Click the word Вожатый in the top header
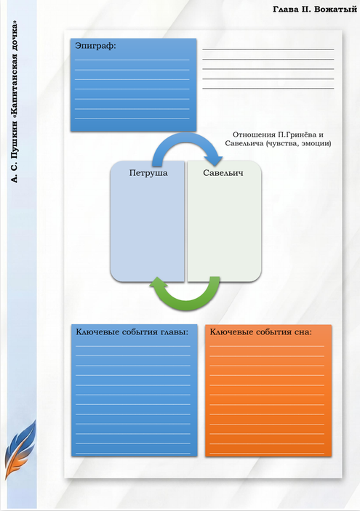[335, 9]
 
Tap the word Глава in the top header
[286, 9]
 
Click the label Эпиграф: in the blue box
[95, 46]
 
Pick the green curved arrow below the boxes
[186, 302]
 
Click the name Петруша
[148, 173]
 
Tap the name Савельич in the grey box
[223, 173]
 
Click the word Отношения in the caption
[255, 134]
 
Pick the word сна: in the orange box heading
[303, 332]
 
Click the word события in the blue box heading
[140, 332]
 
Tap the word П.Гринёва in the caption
[297, 134]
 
